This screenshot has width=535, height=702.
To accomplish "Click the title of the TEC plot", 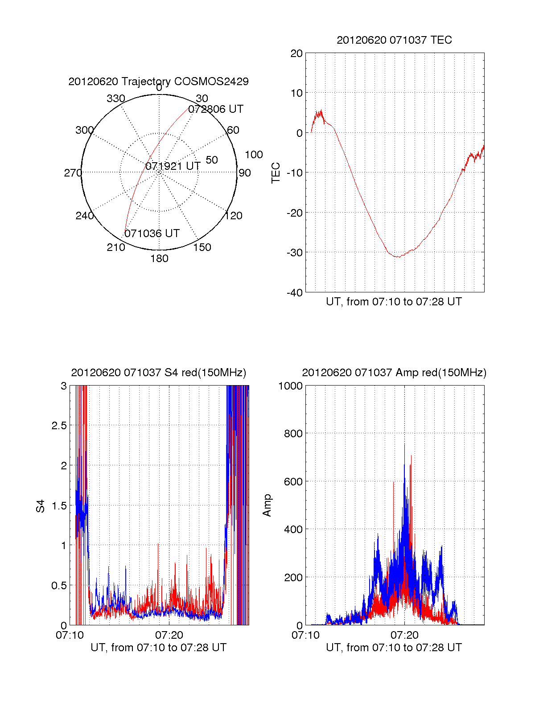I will (394, 40).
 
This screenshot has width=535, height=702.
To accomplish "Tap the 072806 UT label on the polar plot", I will (216, 109).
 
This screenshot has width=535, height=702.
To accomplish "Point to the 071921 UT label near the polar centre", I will (173, 166).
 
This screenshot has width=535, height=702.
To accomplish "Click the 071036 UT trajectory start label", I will (152, 234).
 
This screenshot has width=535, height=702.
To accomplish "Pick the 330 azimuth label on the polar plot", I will (116, 99).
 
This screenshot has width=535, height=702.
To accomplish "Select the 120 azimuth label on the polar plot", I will (234, 216).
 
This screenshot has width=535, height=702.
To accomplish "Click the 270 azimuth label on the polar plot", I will (73, 173).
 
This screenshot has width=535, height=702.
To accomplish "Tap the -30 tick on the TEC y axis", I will (294, 253).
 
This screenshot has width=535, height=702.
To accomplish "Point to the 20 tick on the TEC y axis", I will (296, 53).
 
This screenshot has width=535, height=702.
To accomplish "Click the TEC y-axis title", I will (276, 173).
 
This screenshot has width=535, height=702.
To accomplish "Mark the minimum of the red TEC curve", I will (398, 257).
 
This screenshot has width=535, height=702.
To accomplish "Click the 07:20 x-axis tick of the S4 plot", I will (169, 635).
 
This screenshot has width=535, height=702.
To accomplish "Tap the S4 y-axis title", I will (41, 506).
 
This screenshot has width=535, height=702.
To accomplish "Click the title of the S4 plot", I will (158, 373).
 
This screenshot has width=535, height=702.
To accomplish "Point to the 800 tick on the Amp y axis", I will (293, 434).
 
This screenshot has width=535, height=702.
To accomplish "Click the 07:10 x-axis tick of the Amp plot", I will (305, 635).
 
